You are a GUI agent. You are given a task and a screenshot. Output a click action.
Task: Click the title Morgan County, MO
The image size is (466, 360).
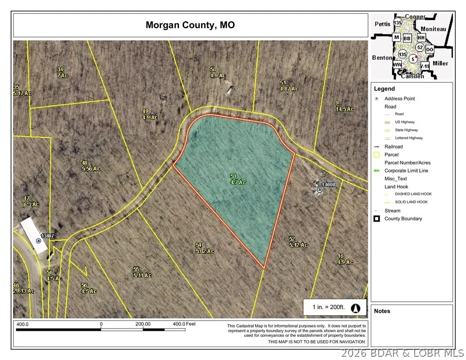click(190, 25)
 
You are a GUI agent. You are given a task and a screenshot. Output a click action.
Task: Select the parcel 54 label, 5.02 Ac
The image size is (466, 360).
click(204, 248)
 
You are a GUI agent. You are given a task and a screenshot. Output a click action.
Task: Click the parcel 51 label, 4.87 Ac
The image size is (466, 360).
click(289, 86)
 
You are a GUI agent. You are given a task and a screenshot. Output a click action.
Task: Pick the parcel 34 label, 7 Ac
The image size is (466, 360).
click(62, 72)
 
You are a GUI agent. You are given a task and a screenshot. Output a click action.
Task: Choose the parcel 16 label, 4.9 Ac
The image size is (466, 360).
click(344, 259)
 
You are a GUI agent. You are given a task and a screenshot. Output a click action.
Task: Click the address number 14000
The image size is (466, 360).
click(328, 185)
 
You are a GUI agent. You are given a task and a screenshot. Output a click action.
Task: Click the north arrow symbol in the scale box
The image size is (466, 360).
click(356, 307)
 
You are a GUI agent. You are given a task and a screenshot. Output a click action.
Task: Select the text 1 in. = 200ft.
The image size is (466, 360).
click(326, 307)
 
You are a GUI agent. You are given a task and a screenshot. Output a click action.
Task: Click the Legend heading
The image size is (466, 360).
click(385, 89)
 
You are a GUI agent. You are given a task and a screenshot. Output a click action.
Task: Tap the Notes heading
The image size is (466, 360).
click(382, 311)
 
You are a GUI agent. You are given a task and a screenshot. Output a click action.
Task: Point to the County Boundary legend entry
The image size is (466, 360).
click(403, 219)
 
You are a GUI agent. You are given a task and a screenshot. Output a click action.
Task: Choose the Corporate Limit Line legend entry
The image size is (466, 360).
click(406, 171)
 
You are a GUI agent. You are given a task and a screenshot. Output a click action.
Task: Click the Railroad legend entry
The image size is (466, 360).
click(394, 147)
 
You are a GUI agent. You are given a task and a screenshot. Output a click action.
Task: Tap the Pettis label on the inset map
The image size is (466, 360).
click(382, 22)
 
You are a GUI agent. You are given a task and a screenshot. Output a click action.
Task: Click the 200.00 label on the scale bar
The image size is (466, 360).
click(143, 324)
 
